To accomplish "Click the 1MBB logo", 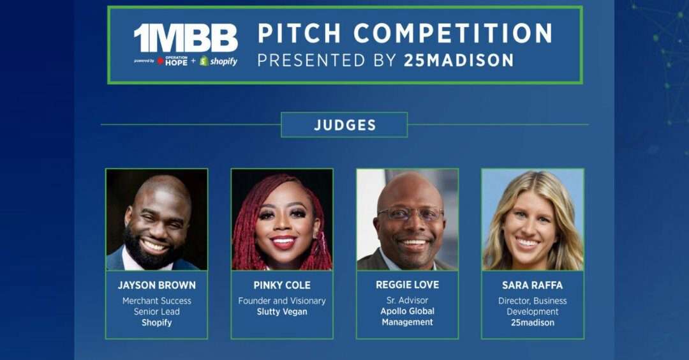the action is click(x=186, y=38).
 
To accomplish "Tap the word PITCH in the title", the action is click(x=299, y=33).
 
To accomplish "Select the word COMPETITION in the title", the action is click(x=453, y=33).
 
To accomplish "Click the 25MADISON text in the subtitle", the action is click(x=458, y=60).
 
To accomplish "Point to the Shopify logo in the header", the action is click(x=218, y=61).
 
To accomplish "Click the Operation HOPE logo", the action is click(x=173, y=61).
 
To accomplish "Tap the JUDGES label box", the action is click(x=344, y=125).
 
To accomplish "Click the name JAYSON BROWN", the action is click(x=157, y=285).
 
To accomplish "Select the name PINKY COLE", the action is click(x=282, y=285).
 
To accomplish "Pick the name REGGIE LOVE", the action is click(x=407, y=285).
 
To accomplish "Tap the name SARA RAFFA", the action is click(x=533, y=285).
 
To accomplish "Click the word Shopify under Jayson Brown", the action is click(x=157, y=322).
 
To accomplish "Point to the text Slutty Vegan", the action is click(x=282, y=311).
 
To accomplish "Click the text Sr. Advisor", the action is click(x=407, y=300).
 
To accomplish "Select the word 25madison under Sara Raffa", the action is click(x=533, y=322).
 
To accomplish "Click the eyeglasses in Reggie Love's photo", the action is click(x=410, y=214).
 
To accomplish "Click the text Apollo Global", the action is click(x=407, y=311).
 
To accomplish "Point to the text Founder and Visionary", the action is click(x=282, y=301).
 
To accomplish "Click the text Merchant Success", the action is click(x=157, y=301).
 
